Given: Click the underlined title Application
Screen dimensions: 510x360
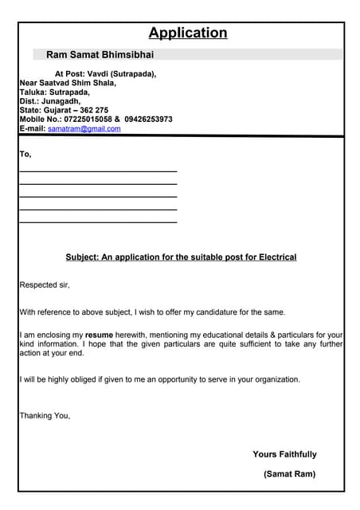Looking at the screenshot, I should click(x=188, y=33).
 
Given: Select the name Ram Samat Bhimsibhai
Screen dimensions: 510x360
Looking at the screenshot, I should click(x=100, y=55).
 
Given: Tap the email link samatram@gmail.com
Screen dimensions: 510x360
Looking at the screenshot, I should click(x=84, y=128).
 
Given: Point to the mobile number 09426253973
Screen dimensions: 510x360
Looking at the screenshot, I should click(x=148, y=120).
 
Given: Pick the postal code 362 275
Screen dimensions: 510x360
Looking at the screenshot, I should click(x=95, y=110).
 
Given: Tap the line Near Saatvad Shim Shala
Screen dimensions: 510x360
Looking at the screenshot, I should click(x=68, y=82).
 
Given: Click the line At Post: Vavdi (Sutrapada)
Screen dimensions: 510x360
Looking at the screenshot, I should click(x=105, y=73).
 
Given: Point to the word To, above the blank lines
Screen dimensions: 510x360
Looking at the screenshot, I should click(x=25, y=154).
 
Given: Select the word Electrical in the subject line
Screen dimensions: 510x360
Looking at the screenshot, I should click(x=276, y=257).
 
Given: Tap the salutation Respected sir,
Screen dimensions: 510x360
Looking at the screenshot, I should click(x=45, y=284).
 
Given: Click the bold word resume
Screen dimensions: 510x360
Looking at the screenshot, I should click(x=99, y=335).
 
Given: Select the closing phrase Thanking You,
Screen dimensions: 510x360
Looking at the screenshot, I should click(x=45, y=415).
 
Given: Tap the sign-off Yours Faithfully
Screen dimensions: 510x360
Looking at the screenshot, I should click(x=284, y=454).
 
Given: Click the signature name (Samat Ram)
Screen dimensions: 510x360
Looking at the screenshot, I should click(x=289, y=474).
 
